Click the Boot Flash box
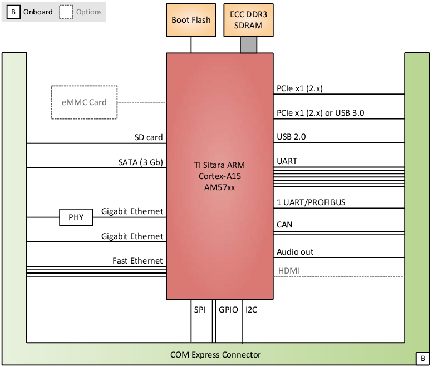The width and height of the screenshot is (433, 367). coord(191,20)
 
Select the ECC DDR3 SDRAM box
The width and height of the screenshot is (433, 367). coord(249,20)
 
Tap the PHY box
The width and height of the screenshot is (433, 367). coord(76,217)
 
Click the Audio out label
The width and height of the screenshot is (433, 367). coord(295,252)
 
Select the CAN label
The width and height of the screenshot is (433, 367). coord(284,225)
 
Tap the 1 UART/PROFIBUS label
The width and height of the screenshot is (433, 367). coord(311,202)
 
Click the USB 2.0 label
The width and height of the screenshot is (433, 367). coord(291,137)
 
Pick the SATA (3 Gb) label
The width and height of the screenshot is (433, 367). coord(140,162)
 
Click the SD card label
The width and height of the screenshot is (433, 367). coord(149,137)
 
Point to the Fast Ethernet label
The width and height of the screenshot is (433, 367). coord(137,261)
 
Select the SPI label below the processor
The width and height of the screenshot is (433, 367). coord(199,310)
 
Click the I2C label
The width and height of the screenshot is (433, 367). coord(251,310)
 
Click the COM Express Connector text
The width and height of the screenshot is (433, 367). coord(215,355)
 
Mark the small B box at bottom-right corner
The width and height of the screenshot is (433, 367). coord(421,358)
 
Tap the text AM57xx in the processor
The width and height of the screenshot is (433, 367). coord(220,187)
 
